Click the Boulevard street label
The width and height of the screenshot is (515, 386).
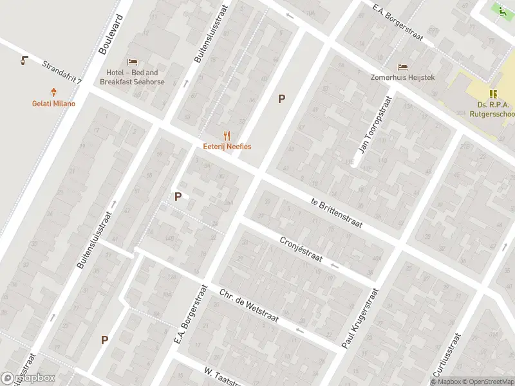coord(111,33)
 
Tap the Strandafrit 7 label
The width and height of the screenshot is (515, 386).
coord(62,73)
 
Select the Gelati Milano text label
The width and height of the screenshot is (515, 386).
coord(54,104)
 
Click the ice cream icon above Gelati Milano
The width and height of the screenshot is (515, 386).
coord(54,93)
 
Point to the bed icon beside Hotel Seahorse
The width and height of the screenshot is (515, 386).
coord(133,62)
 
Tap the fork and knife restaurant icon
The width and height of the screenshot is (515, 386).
coord(227,135)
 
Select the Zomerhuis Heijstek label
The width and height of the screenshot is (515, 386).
coord(403,77)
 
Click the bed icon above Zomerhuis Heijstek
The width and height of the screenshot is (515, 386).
coord(403,67)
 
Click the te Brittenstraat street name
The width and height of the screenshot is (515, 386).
coord(336,213)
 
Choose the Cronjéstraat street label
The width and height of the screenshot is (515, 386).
coord(301,248)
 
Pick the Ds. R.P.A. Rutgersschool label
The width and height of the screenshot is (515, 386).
coord(492,110)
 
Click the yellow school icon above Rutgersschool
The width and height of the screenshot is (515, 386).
coord(494,94)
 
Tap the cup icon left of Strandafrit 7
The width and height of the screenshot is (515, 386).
coord(24,60)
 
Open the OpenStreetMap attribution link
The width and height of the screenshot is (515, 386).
coord(487,381)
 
